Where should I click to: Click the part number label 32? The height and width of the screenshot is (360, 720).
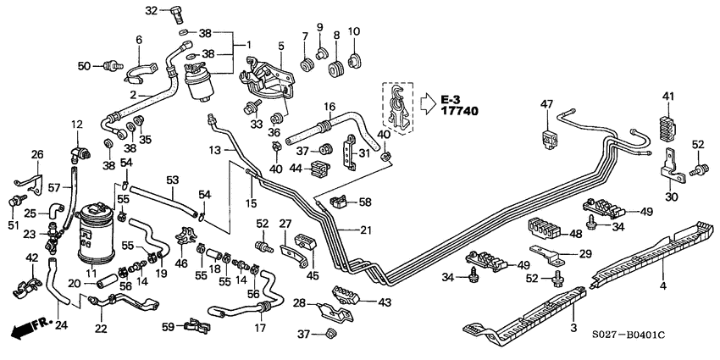click(151, 10)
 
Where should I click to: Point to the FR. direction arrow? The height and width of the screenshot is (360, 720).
click(27, 327)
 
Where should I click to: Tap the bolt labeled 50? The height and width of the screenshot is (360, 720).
click(108, 64)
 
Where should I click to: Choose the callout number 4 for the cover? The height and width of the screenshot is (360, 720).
click(664, 286)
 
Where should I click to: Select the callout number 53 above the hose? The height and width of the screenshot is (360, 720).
click(173, 180)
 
